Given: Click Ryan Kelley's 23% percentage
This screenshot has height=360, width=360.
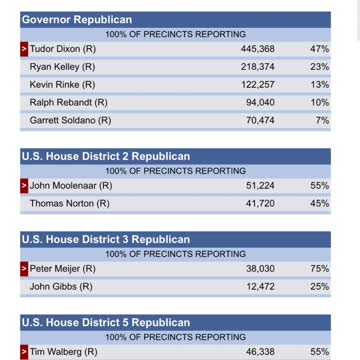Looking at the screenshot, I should click(x=320, y=66).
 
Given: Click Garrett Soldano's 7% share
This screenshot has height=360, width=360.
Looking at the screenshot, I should click(x=323, y=120).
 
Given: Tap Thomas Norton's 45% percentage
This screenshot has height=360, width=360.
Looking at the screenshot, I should click(x=320, y=203).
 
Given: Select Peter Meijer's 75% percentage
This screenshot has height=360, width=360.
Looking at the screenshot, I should click(x=320, y=268).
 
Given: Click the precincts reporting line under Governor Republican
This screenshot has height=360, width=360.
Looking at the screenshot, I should click(x=175, y=34).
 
